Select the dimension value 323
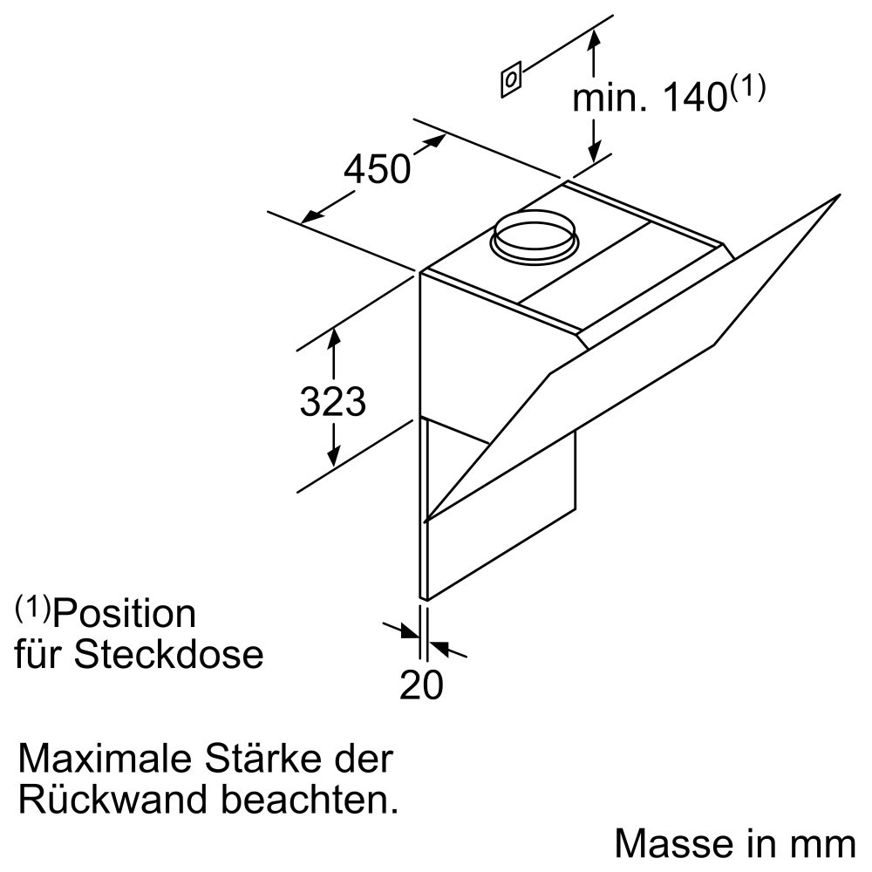332,400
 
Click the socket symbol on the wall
511,79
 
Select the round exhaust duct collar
534,236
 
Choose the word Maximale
105,758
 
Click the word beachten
310,799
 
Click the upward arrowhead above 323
334,337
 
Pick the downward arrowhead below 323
333,456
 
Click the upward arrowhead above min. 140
594,40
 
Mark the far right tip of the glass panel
839,194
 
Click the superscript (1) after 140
748,88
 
